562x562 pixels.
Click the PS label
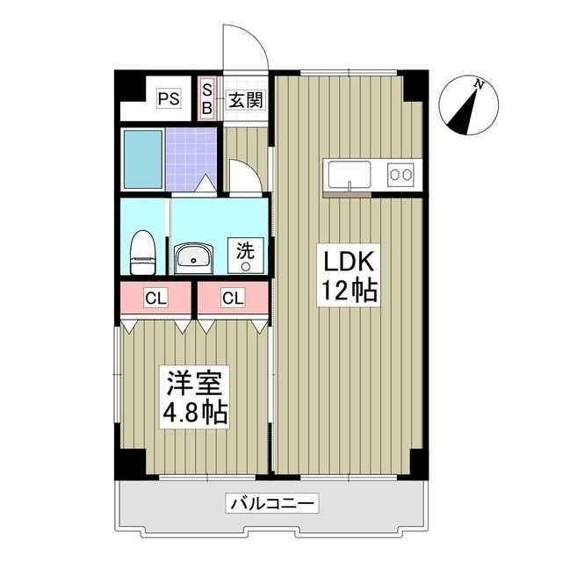coord(169,98)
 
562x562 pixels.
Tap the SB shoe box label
coord(208,98)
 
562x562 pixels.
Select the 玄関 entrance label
coord(246,99)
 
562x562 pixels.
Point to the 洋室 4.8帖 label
coord(195,398)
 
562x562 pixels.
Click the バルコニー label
coord(273,504)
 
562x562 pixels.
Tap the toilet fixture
coord(141,250)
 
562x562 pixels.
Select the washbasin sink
coord(192,257)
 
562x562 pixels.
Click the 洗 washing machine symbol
coord(246,255)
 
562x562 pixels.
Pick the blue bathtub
coord(142,160)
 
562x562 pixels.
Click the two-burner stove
coord(401,174)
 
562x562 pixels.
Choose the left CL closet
coord(155,299)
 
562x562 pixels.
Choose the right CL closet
coord(232,299)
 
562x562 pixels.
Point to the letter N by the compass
coord(479,84)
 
